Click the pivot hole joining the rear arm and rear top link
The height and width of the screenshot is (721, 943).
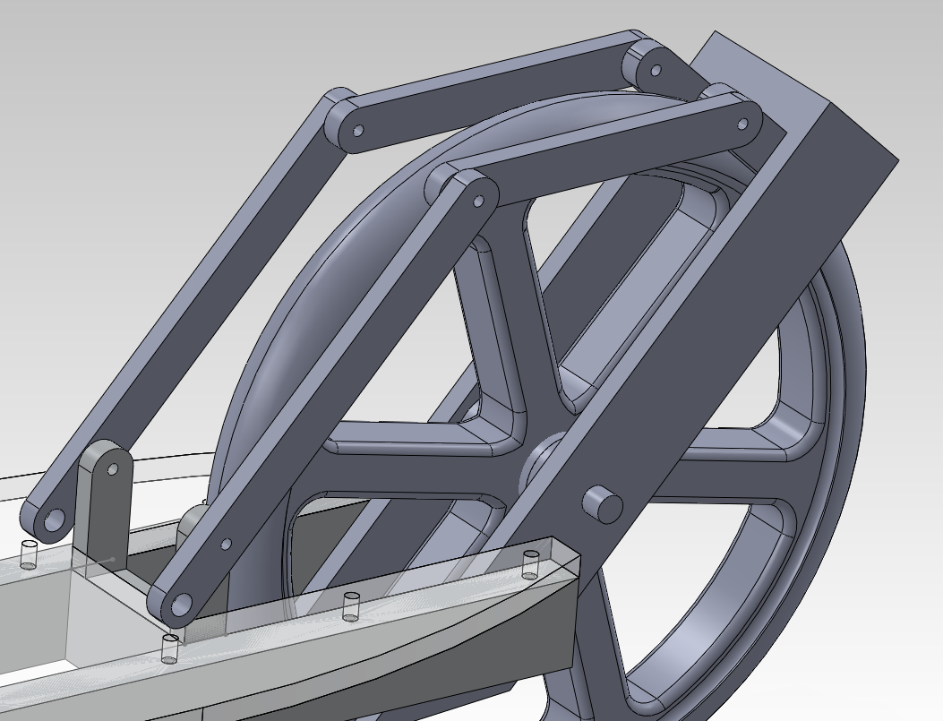click(357, 131)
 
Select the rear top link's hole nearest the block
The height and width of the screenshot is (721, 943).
click(656, 70)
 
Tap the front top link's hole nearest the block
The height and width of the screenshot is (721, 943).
click(743, 125)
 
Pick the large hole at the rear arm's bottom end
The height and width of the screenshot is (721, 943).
click(55, 519)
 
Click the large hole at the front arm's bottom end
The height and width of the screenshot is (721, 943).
click(181, 605)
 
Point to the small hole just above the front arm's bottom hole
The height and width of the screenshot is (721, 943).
click(226, 544)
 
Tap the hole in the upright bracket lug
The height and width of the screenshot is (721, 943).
click(113, 468)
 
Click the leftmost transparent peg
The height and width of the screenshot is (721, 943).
click(29, 554)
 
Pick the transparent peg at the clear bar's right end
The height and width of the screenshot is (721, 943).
click(531, 563)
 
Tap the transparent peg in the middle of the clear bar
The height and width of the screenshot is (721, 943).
click(351, 605)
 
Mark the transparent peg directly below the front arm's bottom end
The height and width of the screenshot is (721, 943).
click(169, 648)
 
